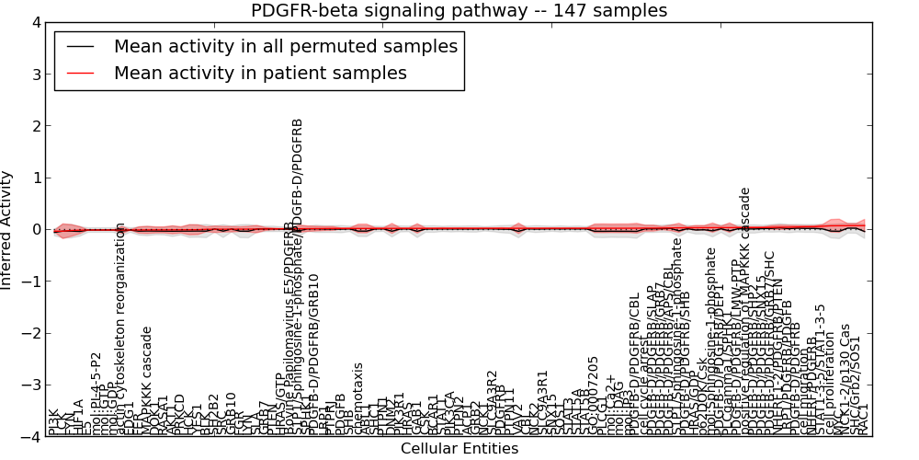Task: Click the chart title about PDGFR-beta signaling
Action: click(x=459, y=10)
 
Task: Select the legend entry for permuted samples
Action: click(x=285, y=46)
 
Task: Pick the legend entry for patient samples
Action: click(x=260, y=73)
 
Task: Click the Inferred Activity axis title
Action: click(x=7, y=229)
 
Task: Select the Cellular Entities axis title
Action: click(x=459, y=449)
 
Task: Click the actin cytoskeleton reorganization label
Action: click(x=120, y=328)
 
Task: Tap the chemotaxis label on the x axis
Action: click(x=358, y=397)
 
